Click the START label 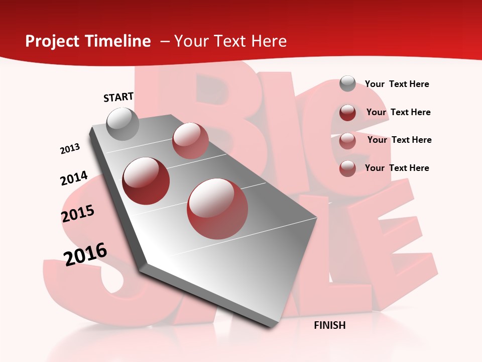(118, 97)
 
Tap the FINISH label (329, 325)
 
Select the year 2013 (70, 149)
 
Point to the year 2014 (74, 178)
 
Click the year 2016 (85, 254)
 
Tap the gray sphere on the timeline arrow (123, 124)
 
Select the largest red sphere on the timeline (217, 209)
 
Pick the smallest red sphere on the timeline (190, 140)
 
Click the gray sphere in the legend (347, 83)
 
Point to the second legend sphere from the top (347, 112)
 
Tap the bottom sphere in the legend (347, 168)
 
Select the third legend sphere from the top (347, 140)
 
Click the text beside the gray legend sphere (397, 84)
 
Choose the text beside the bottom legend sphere (397, 168)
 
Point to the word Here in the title (269, 41)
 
